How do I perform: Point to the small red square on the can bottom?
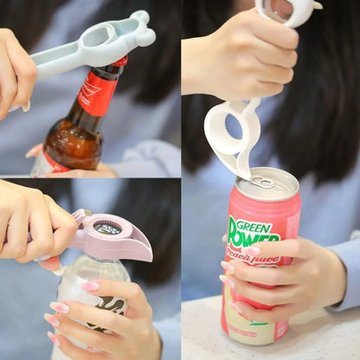[x=280, y=330]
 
